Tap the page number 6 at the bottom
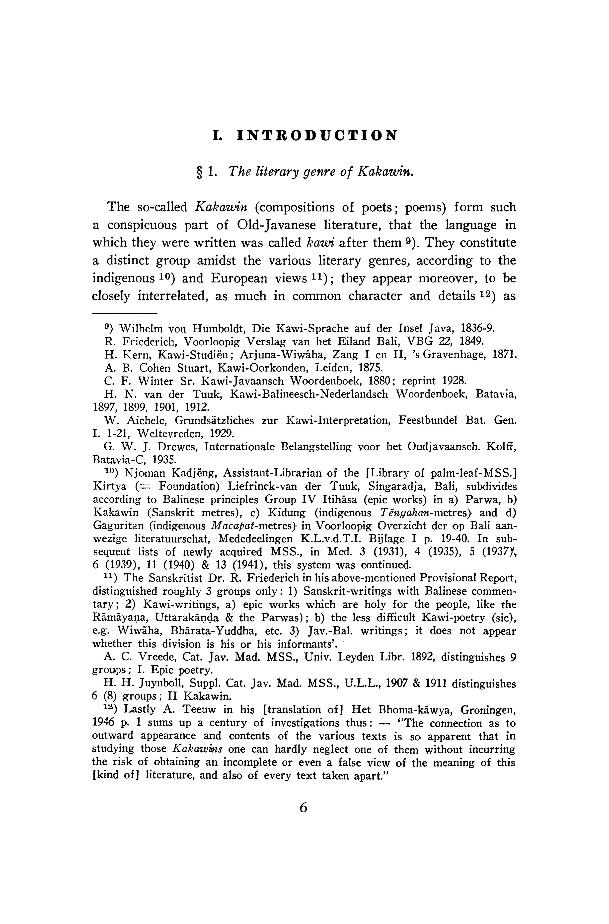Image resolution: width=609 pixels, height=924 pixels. click(303, 808)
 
